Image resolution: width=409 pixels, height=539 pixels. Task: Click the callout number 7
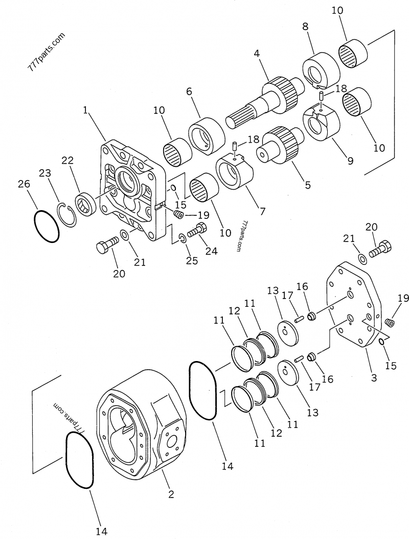coord(262,210)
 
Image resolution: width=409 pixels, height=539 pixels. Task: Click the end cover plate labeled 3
coord(353,307)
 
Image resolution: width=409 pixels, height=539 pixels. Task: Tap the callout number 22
coord(68,161)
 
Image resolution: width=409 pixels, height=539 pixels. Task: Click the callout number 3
coord(374,378)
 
